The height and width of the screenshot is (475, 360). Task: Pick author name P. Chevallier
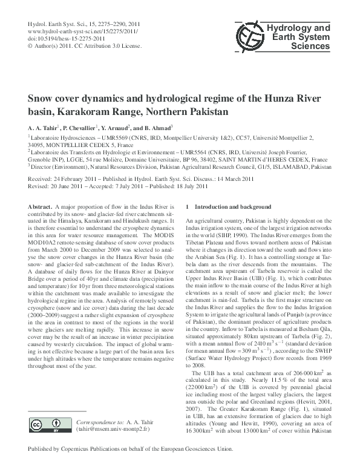point(85,128)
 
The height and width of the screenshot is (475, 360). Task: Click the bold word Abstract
point(40,207)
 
